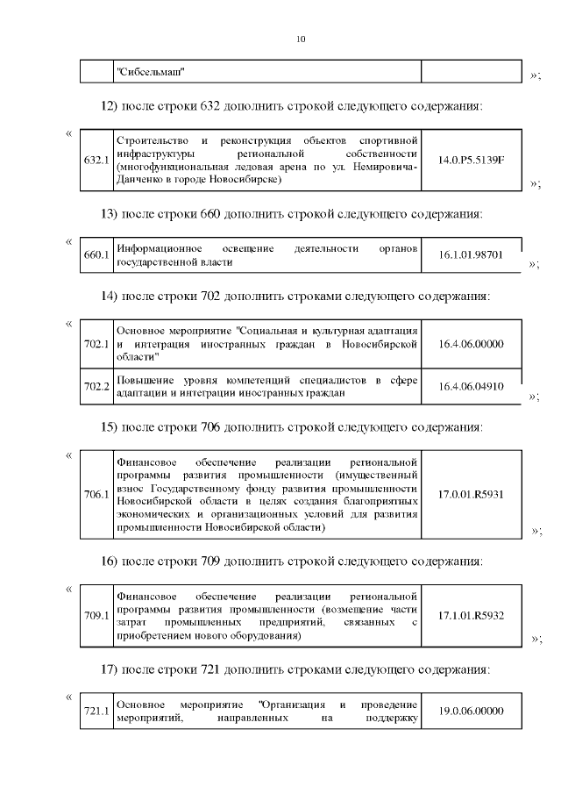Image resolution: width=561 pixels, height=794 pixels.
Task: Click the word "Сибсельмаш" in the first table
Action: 152,72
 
